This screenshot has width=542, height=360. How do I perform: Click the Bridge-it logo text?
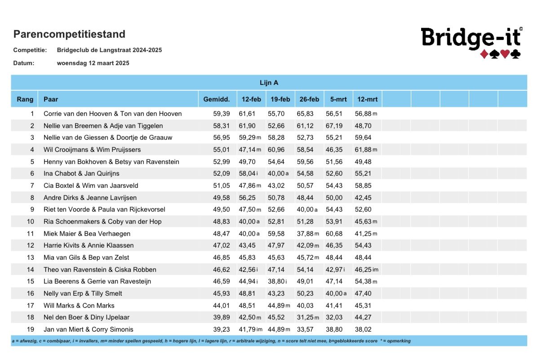click(471, 37)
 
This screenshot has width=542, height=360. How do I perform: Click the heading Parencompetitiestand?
click(69, 34)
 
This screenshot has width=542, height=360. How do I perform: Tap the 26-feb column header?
click(309, 99)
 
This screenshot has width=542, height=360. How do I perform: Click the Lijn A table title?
click(269, 83)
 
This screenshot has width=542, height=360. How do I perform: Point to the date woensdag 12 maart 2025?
click(93, 63)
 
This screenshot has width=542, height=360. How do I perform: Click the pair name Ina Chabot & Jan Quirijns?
click(81, 173)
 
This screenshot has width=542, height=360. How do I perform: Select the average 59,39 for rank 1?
click(221, 114)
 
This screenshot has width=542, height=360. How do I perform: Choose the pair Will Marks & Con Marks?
click(79, 306)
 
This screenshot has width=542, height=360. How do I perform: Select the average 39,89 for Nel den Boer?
click(221, 317)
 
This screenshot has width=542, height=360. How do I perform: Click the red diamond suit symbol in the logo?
click(484, 54)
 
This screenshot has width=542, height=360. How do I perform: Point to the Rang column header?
click(25, 99)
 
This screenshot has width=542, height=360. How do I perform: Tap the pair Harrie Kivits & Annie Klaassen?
click(89, 245)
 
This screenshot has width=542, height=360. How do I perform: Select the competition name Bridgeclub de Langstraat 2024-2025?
click(109, 50)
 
